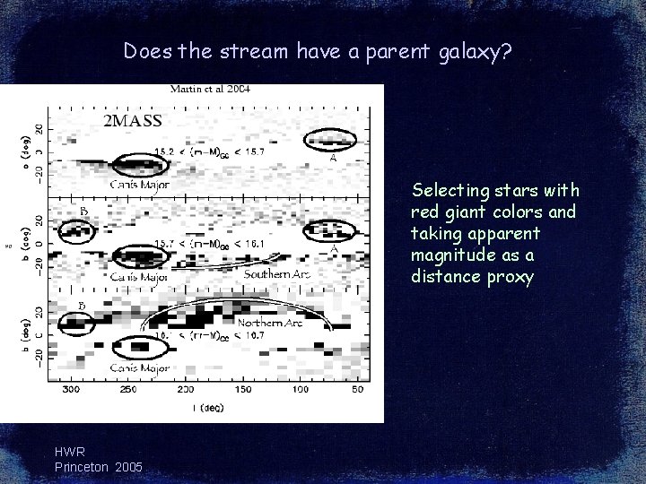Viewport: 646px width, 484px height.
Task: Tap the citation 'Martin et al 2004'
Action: [x=210, y=89]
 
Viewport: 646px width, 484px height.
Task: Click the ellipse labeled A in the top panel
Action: [x=330, y=138]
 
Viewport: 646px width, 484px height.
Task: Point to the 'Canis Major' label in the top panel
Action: [x=141, y=185]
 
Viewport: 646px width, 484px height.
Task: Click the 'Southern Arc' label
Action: [x=276, y=273]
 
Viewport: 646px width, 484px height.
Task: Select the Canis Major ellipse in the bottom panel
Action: [x=137, y=345]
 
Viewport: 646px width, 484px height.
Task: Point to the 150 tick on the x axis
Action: [x=243, y=391]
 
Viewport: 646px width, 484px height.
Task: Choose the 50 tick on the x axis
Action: [x=357, y=391]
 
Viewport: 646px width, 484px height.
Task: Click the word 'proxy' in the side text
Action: [x=514, y=278]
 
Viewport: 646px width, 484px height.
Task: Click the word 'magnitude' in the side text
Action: [x=448, y=255]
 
